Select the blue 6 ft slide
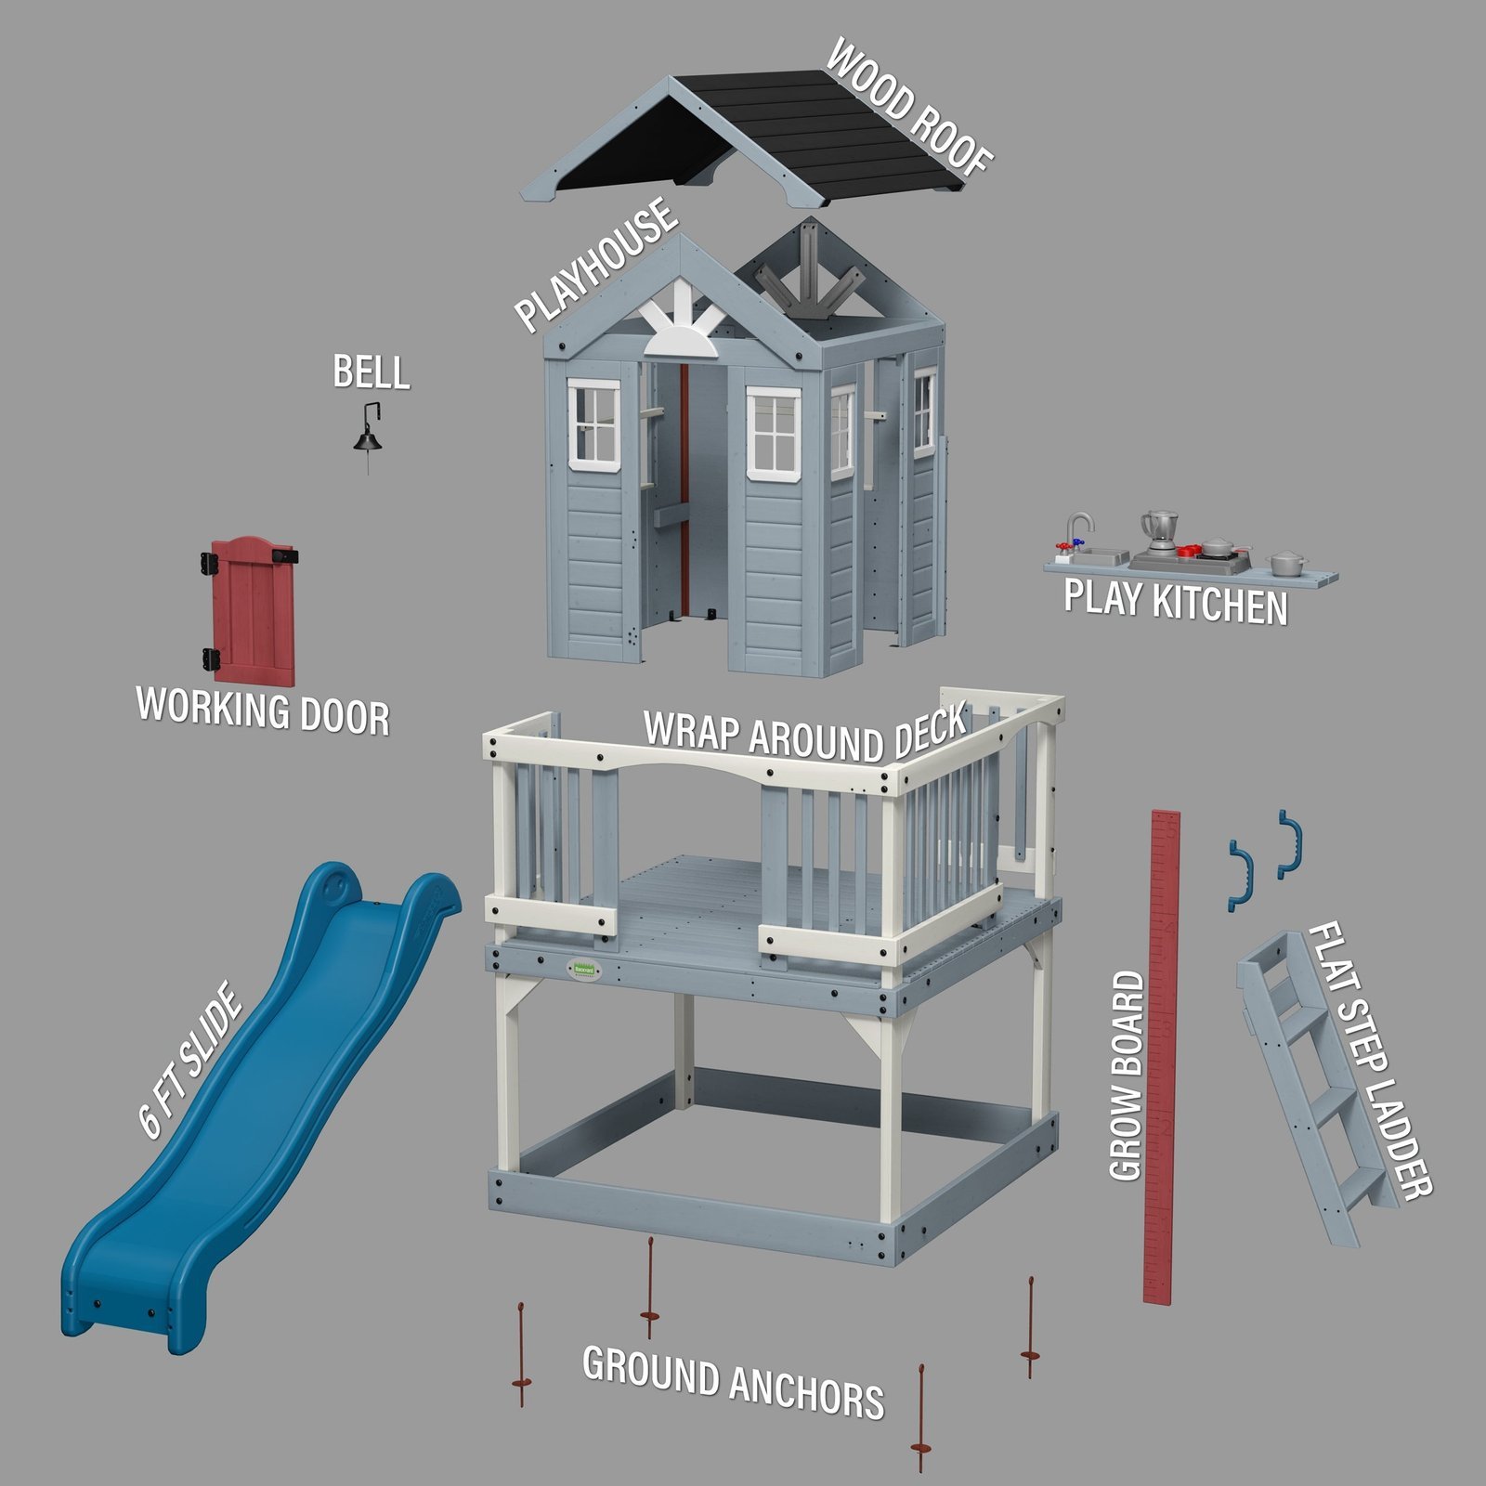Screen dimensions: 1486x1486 tap(251, 1096)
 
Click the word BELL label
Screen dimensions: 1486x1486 tap(371, 372)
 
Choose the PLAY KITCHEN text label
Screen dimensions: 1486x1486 tap(1175, 601)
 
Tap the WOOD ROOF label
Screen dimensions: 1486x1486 tap(908, 106)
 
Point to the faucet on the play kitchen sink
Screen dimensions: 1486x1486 tap(1077, 527)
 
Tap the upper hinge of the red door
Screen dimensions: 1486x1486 tap(208, 562)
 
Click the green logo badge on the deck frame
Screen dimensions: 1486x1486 tap(585, 970)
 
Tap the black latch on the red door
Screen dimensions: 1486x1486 tap(285, 555)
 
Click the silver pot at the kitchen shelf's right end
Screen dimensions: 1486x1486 tap(1287, 562)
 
